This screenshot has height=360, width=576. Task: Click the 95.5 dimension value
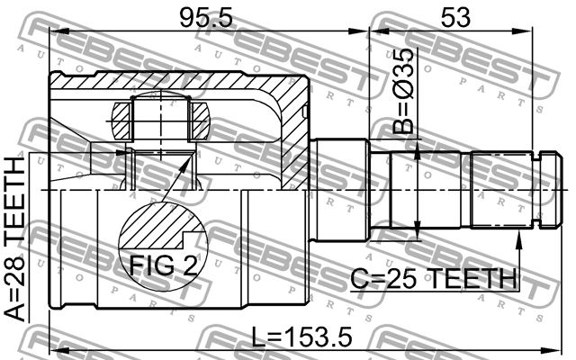pyautogui.click(x=206, y=18)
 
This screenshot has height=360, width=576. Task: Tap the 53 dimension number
pyautogui.click(x=455, y=18)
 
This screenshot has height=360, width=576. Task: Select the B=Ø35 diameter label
pyautogui.click(x=403, y=91)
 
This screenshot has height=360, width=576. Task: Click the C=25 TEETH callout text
pyautogui.click(x=434, y=278)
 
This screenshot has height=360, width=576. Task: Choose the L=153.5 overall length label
pyautogui.click(x=302, y=337)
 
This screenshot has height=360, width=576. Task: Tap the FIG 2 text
pyautogui.click(x=164, y=265)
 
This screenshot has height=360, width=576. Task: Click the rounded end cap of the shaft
pyautogui.click(x=551, y=190)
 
